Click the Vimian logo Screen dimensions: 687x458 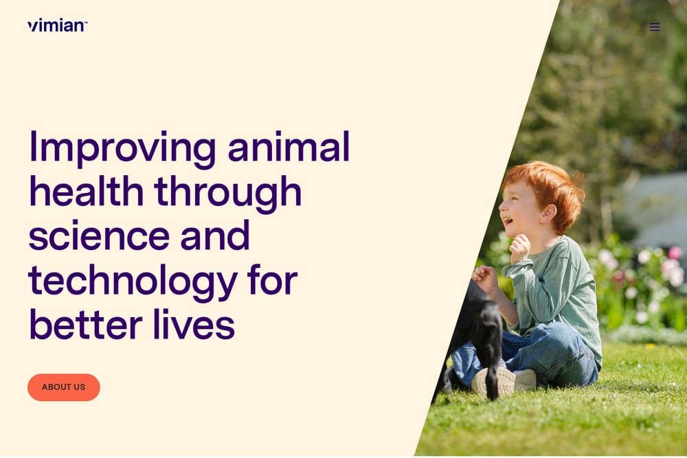pos(58,25)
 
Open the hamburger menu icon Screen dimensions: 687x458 pos(655,27)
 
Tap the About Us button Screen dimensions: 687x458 pos(63,387)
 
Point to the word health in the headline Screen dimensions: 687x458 pos(87,191)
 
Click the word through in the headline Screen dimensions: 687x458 pos(228,194)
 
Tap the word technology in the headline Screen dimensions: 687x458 pos(133,282)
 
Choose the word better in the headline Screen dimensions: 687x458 pos(85,325)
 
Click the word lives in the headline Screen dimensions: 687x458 pos(194,325)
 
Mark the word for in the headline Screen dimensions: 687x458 pos(273,279)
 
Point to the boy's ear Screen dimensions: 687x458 pos(548,214)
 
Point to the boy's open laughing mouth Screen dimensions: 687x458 pos(508,220)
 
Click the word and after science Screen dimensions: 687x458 pos(214,236)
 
